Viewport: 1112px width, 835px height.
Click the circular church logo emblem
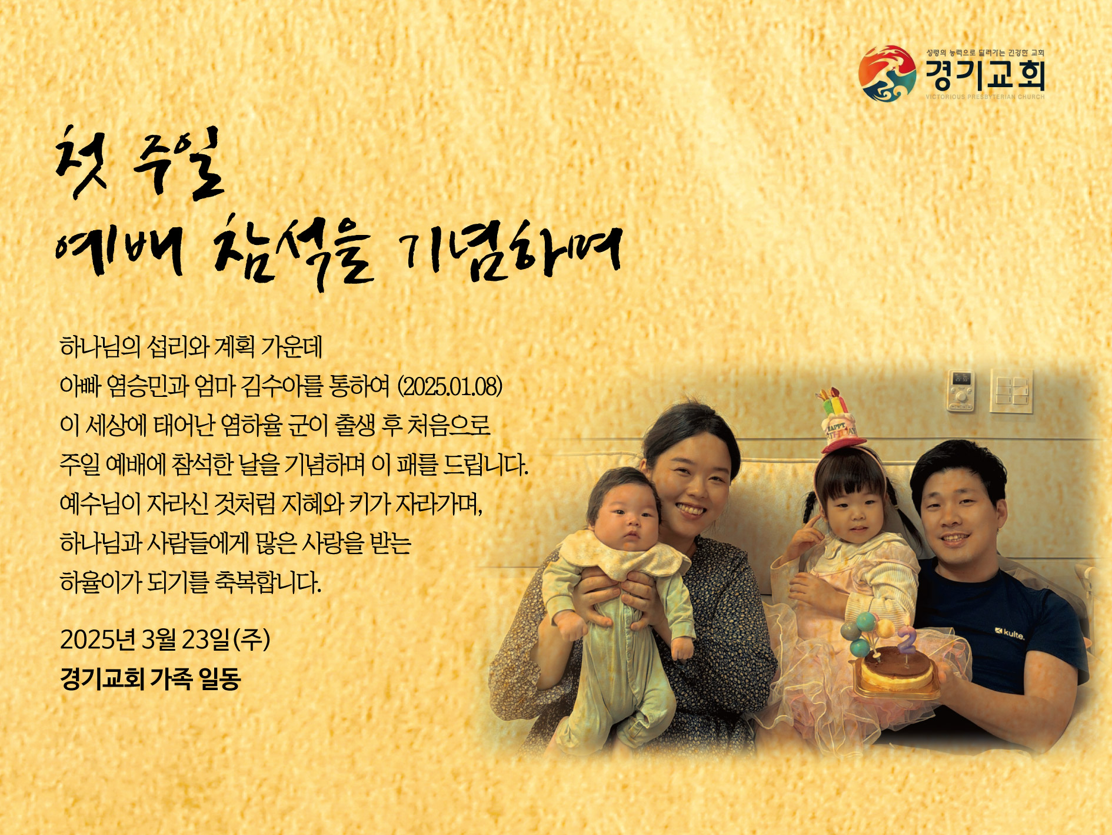(x=887, y=73)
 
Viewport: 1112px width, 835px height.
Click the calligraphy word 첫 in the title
(x=81, y=161)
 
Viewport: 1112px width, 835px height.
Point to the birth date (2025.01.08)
(x=451, y=386)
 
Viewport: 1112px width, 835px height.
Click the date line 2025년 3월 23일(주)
(x=165, y=639)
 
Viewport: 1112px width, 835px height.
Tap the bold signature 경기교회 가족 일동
(x=151, y=678)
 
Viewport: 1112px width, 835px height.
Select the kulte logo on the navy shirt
(x=1010, y=634)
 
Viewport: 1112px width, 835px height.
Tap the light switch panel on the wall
(x=1011, y=390)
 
